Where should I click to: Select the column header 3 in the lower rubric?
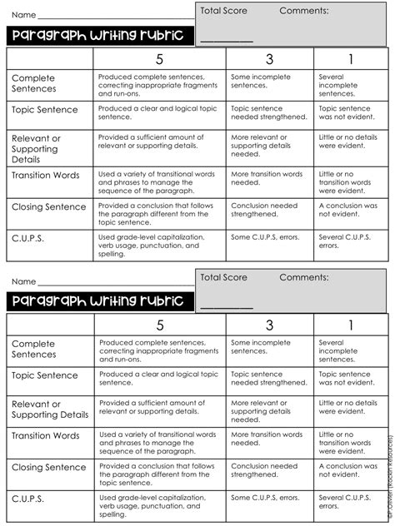269,325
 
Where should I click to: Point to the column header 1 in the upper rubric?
350,59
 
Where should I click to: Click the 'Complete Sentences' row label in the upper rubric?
34,82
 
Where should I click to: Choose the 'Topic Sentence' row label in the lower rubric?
45,375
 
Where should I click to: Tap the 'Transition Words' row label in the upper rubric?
46,176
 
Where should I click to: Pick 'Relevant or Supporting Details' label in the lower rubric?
50,409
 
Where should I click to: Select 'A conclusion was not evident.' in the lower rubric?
348,471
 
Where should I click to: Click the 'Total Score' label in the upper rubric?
224,12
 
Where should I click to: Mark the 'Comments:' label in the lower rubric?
304,277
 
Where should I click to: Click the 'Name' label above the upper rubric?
24,15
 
